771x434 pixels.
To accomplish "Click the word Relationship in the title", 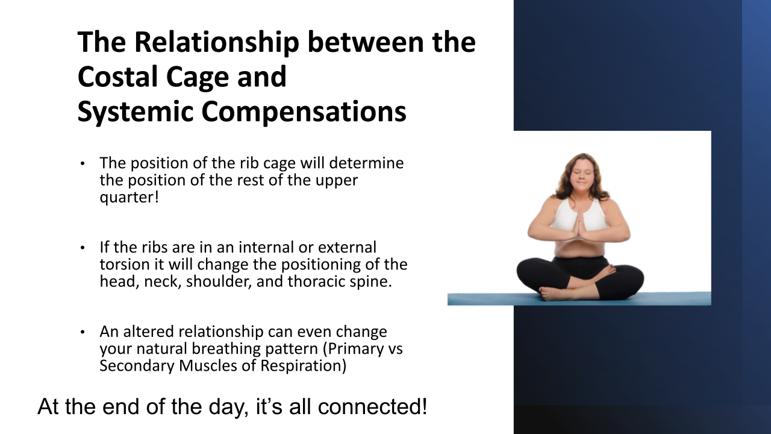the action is click(x=216, y=42).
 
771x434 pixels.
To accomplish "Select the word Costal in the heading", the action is click(x=117, y=76).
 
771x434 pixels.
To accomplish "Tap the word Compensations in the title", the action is click(x=304, y=112).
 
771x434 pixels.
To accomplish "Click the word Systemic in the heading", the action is click(x=136, y=112).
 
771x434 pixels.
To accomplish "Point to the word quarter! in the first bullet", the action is click(x=130, y=197).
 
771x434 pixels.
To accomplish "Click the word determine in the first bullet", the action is click(x=366, y=163).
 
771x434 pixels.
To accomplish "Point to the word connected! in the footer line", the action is click(x=372, y=406).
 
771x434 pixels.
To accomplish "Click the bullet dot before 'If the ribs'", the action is click(x=83, y=247).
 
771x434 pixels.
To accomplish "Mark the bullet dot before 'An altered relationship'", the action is click(x=83, y=332).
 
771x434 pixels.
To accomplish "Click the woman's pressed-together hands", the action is click(x=579, y=226).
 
